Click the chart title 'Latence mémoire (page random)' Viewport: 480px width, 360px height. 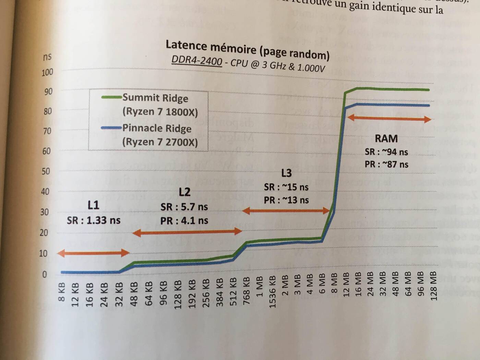(x=248, y=49)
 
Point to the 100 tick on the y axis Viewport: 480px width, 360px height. (x=47, y=72)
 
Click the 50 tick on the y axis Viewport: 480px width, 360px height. (x=46, y=171)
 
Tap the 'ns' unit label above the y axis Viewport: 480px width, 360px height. (x=47, y=57)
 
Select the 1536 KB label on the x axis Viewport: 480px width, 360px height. (x=272, y=291)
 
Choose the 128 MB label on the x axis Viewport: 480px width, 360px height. (x=434, y=286)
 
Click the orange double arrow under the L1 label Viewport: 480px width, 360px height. (x=93, y=253)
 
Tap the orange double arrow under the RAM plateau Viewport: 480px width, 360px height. (x=389, y=119)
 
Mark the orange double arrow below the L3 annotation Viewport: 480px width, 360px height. (x=286, y=211)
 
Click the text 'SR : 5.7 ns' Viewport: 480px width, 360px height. (x=184, y=207)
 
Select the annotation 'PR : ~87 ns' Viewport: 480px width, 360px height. (x=386, y=164)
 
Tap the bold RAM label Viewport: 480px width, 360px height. (x=386, y=139)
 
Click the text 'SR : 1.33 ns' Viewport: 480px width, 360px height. (x=94, y=220)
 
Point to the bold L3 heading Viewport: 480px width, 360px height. (x=286, y=173)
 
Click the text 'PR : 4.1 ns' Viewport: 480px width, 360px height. (x=184, y=220)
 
